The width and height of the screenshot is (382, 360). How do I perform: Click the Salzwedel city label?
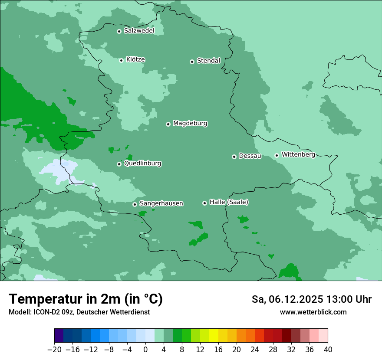click(x=139, y=31)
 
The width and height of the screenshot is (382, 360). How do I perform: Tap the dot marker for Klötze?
click(x=121, y=60)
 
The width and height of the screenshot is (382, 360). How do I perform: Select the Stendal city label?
click(x=208, y=61)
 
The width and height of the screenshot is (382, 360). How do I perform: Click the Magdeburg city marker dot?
click(x=168, y=124)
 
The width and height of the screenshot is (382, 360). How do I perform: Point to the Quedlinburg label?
click(x=142, y=164)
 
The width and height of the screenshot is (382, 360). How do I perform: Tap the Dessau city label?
click(x=250, y=156)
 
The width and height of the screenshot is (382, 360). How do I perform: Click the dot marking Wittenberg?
click(x=277, y=155)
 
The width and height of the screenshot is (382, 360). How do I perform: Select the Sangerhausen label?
click(x=161, y=203)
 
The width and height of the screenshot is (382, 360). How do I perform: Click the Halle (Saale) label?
click(x=229, y=202)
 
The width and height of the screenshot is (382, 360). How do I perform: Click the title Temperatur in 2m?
click(x=86, y=299)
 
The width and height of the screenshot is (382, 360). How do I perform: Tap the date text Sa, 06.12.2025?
click(x=287, y=299)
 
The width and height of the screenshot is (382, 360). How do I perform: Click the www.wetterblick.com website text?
click(x=313, y=312)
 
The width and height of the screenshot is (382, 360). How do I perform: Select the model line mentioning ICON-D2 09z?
click(x=79, y=312)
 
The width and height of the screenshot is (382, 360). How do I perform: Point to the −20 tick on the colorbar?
click(x=54, y=349)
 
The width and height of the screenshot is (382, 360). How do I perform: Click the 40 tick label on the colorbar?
click(x=328, y=349)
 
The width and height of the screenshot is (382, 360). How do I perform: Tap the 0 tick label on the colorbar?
click(x=145, y=349)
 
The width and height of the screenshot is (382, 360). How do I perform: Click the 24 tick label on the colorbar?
click(x=255, y=349)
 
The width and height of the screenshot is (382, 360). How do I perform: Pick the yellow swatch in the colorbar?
click(x=214, y=336)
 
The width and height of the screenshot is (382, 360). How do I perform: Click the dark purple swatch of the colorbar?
click(x=59, y=336)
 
